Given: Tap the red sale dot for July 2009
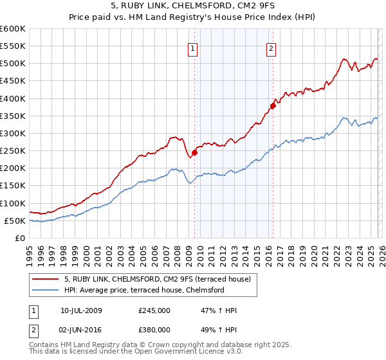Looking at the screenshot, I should point(194,152).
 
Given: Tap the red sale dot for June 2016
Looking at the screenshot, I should point(272,105).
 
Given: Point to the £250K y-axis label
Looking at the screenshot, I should point(13,151).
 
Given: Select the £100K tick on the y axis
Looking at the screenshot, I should point(13,203).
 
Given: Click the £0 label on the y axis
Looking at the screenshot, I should point(20,238).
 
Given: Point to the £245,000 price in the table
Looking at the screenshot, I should point(154,310).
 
